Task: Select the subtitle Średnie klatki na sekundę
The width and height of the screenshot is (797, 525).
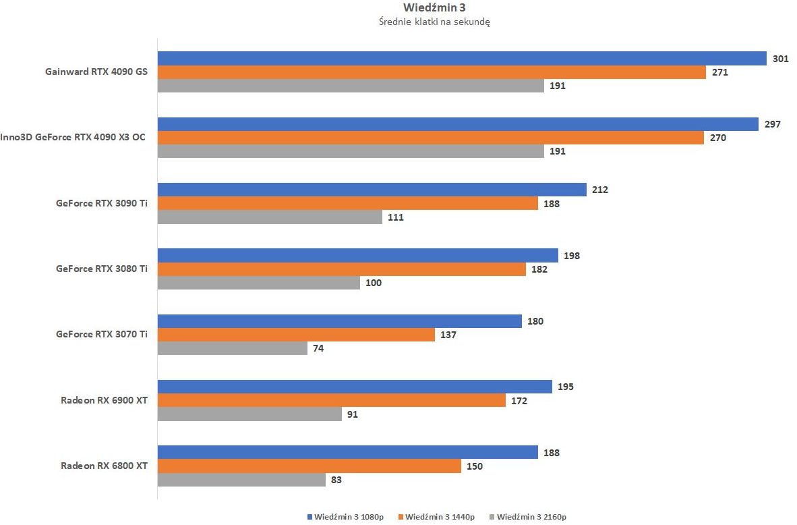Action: pyautogui.click(x=434, y=22)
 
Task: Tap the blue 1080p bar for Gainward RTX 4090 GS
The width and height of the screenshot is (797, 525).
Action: pyautogui.click(x=462, y=59)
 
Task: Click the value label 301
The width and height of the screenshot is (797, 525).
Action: pyautogui.click(x=781, y=59)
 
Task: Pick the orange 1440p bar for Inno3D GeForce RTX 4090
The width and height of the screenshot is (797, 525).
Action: pyautogui.click(x=432, y=138)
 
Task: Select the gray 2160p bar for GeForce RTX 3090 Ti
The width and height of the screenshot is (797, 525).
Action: pyautogui.click(x=270, y=217)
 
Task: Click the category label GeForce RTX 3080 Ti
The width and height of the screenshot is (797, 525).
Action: pyautogui.click(x=102, y=269)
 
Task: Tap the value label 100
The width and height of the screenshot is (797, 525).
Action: pyautogui.click(x=374, y=283)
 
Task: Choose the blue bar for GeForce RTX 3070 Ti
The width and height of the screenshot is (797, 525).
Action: pyautogui.click(x=340, y=321)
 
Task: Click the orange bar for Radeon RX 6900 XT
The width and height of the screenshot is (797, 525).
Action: pyautogui.click(x=332, y=400)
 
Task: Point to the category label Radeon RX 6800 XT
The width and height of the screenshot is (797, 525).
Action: pyautogui.click(x=105, y=466)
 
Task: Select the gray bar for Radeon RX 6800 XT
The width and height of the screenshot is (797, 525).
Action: pyautogui.click(x=241, y=479)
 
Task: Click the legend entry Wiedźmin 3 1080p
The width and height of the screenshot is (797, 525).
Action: pyautogui.click(x=345, y=517)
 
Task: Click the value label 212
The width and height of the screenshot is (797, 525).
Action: pyautogui.click(x=600, y=190)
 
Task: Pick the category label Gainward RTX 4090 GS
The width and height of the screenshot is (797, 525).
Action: pyautogui.click(x=96, y=72)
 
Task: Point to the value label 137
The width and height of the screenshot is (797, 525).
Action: pyautogui.click(x=448, y=335)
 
